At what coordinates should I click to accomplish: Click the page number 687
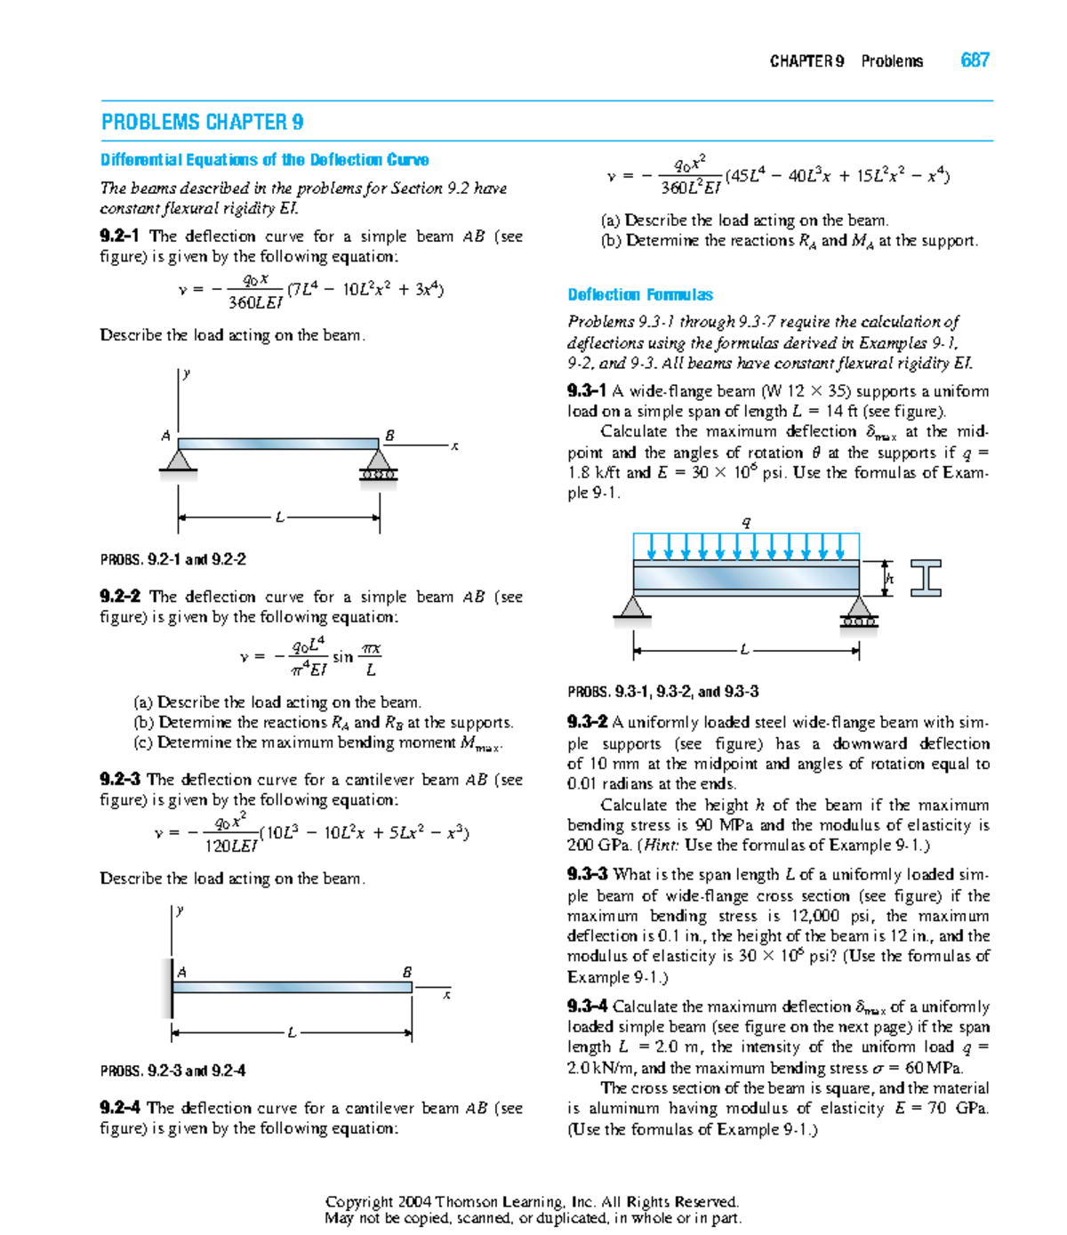tap(975, 60)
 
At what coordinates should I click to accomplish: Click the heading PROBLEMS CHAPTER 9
tap(202, 122)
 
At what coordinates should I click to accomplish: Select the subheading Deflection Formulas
tap(639, 294)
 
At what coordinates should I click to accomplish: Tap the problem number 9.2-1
tap(119, 237)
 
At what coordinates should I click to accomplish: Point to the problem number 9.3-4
tap(587, 1006)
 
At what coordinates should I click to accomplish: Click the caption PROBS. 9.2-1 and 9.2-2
tap(172, 559)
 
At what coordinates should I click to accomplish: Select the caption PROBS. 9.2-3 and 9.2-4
tap(172, 1071)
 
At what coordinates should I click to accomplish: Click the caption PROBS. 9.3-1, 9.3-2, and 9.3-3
tap(662, 691)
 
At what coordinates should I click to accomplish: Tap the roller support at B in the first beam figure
tap(379, 465)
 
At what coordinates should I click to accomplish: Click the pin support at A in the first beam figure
tap(179, 461)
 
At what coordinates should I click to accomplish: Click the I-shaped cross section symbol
tap(926, 578)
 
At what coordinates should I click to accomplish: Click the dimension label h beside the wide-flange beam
tap(889, 579)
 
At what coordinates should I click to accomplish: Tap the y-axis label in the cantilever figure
tap(181, 910)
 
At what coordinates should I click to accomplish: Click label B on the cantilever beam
tap(407, 972)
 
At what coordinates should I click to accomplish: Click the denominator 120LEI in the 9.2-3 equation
tap(230, 846)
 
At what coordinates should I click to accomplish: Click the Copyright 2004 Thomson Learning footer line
tap(533, 1201)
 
